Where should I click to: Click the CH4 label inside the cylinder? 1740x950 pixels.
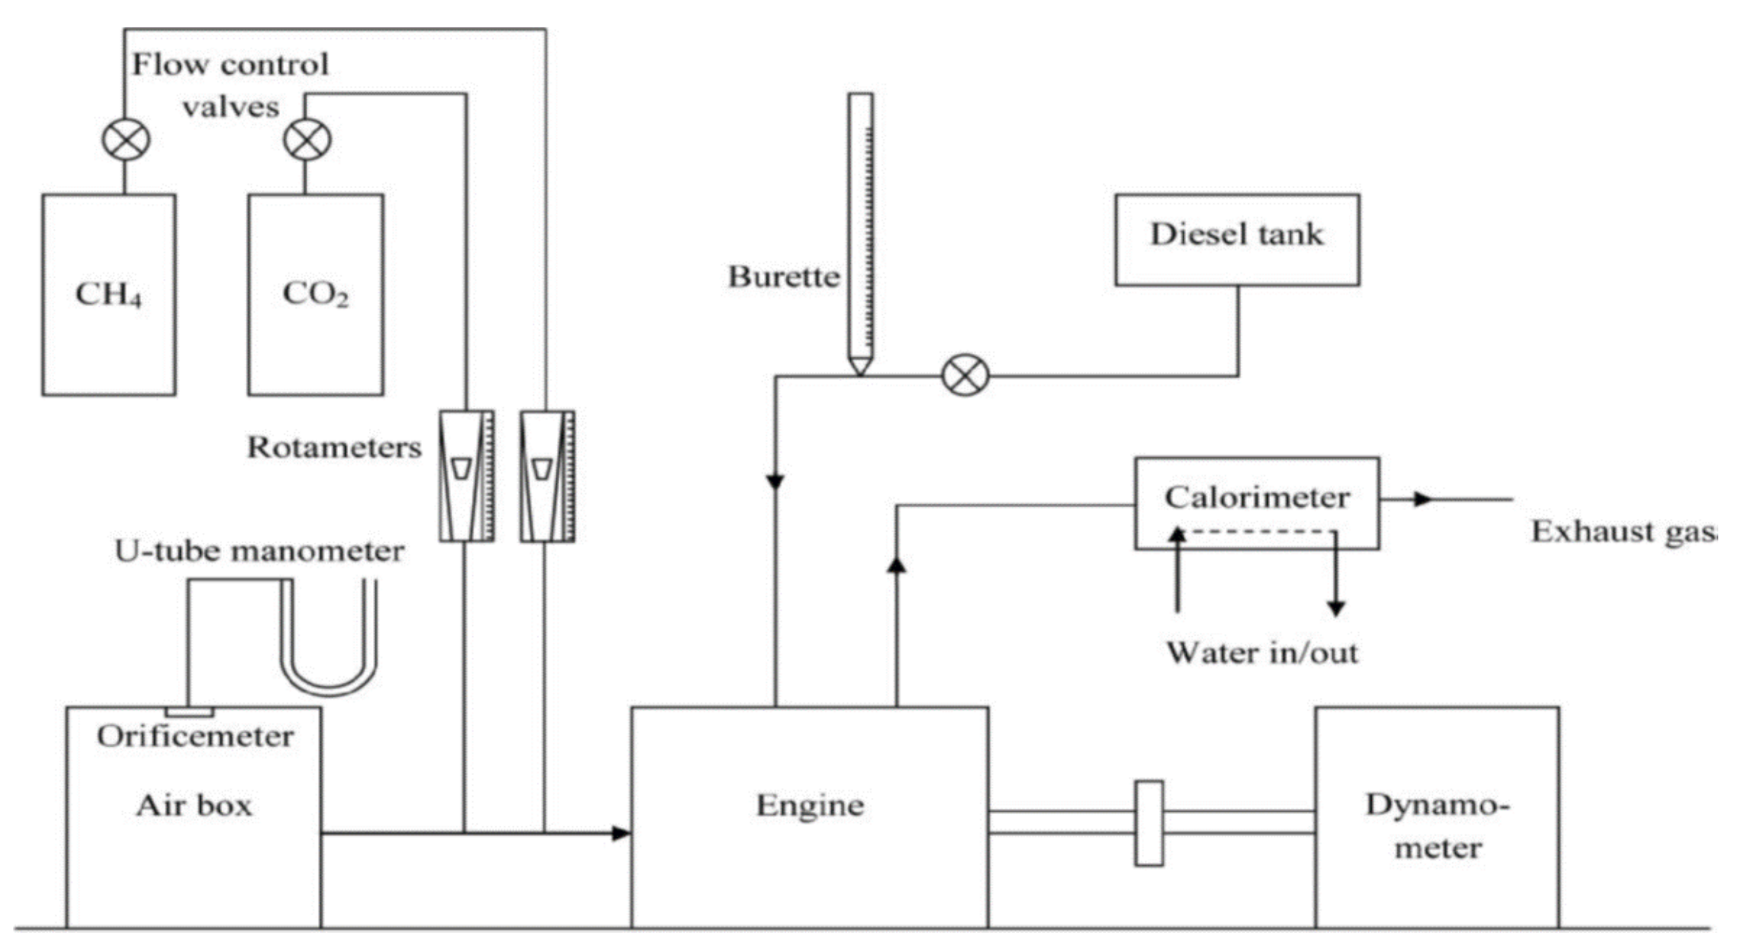[108, 295]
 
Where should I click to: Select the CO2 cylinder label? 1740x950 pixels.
[315, 295]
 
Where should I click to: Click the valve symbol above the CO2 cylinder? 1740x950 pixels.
[307, 141]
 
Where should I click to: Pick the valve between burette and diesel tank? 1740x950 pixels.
[965, 376]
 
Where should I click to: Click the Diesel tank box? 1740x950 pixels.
[1237, 240]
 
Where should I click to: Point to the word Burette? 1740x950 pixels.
[783, 277]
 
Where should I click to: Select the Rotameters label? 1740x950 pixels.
[334, 448]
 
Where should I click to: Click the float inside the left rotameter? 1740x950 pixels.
[461, 468]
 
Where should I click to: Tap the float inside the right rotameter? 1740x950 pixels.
[542, 468]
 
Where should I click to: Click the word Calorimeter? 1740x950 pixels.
[1256, 498]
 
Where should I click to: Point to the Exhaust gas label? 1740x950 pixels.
[1621, 532]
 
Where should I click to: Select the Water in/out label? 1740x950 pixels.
[1262, 653]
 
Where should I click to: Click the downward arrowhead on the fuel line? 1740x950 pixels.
[775, 482]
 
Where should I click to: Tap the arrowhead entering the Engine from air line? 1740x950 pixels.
[620, 833]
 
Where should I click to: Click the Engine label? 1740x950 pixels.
[809, 806]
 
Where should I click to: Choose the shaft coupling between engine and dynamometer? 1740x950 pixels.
[1149, 823]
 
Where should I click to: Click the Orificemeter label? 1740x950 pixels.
[195, 736]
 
